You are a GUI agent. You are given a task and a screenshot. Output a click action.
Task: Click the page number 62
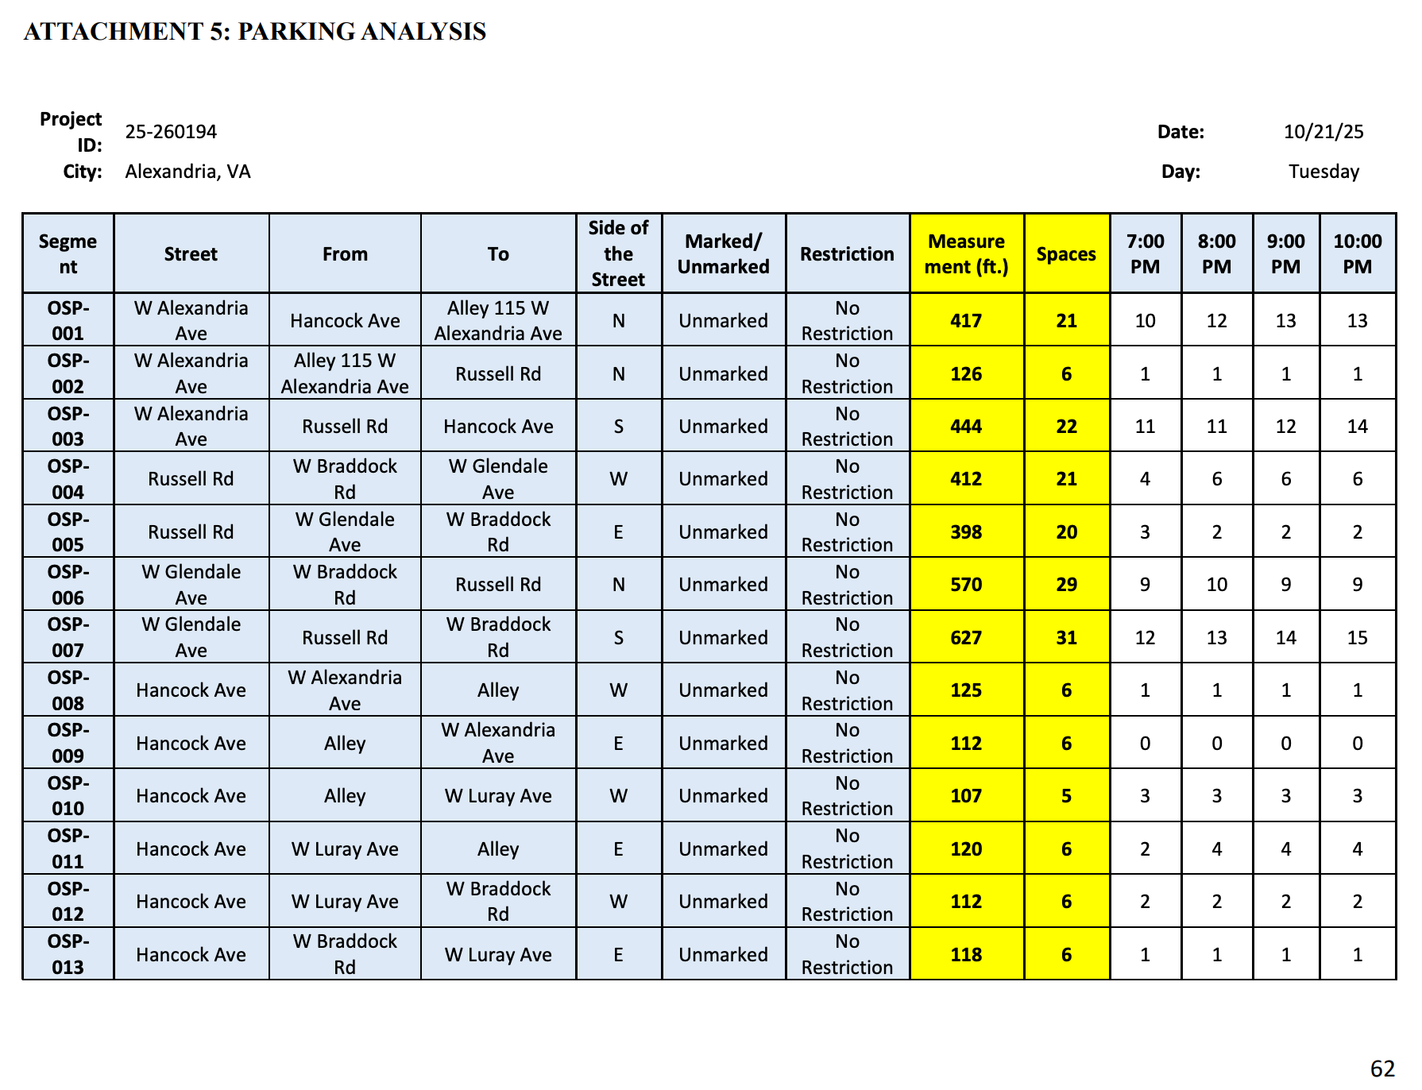(1382, 1069)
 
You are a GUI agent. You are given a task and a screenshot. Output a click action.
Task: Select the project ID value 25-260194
(171, 132)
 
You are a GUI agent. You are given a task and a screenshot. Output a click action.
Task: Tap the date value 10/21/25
(1323, 132)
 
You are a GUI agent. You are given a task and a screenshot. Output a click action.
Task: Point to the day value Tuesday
(1323, 172)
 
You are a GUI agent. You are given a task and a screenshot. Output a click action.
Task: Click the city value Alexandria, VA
(187, 172)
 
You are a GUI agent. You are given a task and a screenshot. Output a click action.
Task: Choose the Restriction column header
(847, 254)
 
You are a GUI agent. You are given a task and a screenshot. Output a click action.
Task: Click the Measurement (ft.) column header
(966, 254)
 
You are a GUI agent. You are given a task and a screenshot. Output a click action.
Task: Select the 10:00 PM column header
(1357, 254)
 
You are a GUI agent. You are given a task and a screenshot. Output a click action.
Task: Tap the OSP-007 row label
(68, 637)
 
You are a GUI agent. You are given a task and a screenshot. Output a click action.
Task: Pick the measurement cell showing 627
(966, 638)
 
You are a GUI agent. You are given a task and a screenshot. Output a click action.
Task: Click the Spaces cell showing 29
(1066, 585)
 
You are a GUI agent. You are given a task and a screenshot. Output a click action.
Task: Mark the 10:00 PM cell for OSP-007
(1357, 638)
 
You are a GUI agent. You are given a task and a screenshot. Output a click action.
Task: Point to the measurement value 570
(966, 585)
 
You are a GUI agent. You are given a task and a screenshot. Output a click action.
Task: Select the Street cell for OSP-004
(191, 479)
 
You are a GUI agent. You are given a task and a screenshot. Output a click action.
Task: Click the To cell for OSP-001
(498, 321)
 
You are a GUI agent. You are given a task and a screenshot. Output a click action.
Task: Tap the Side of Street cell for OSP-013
(618, 955)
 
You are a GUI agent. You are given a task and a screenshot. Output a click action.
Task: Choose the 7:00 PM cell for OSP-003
(1145, 427)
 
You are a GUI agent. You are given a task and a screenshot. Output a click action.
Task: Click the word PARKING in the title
(296, 32)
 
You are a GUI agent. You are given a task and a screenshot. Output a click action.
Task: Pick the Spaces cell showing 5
(1066, 796)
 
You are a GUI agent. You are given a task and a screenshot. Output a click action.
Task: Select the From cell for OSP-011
(345, 849)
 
